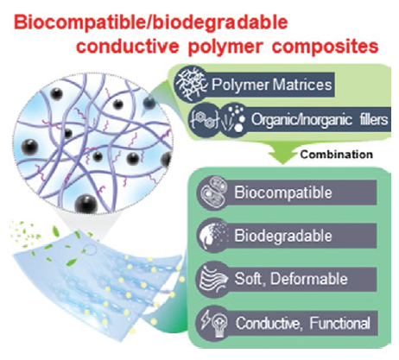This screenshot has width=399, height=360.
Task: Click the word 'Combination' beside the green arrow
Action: (337, 155)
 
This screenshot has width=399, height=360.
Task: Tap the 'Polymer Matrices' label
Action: (272, 85)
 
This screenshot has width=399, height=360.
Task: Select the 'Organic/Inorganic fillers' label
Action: (320, 119)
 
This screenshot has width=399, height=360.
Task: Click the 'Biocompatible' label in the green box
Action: (283, 193)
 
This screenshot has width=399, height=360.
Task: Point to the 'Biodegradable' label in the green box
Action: (283, 236)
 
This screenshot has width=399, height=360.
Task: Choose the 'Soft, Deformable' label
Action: (291, 279)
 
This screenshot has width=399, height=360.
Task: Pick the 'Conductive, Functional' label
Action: (302, 323)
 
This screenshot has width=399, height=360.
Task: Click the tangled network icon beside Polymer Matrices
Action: (191, 84)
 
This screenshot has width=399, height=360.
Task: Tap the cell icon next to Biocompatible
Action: (213, 192)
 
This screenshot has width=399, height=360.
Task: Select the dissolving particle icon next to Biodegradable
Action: (213, 236)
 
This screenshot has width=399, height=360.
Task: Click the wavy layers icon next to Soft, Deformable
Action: (213, 279)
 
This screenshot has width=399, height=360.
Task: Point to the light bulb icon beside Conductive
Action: (220, 324)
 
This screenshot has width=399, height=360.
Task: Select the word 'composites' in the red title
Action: (326, 47)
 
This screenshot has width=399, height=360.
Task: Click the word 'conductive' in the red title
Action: (128, 46)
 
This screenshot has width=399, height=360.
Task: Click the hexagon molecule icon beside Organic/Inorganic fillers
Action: (204, 120)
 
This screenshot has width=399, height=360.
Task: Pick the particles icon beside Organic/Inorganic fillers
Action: (234, 119)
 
